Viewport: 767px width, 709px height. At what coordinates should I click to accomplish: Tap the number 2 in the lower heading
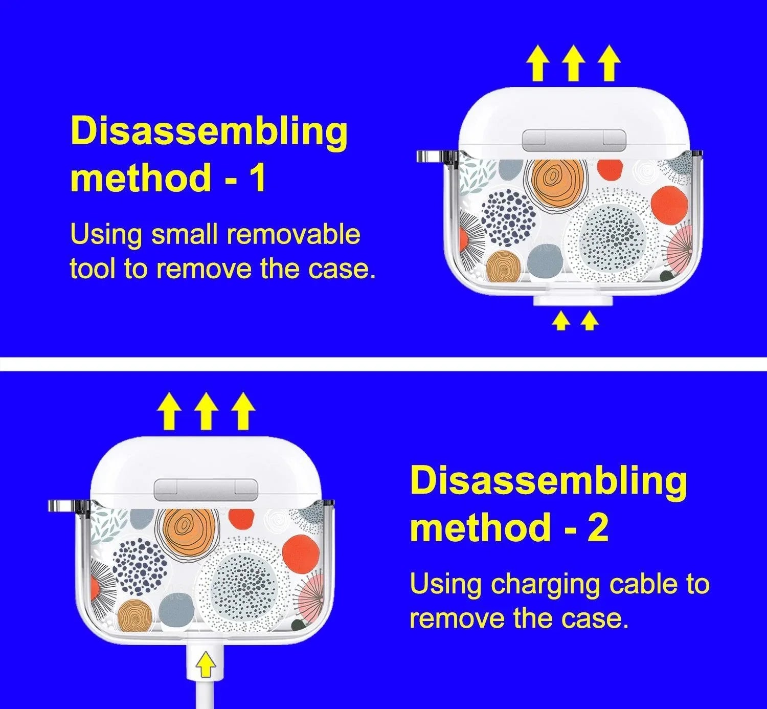point(596,527)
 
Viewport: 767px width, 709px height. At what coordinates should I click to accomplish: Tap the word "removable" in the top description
point(293,234)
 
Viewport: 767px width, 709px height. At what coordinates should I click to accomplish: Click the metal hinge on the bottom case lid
point(206,489)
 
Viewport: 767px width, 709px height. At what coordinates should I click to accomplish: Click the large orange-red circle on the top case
point(670,205)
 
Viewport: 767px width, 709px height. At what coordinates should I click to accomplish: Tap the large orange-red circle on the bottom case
point(301,555)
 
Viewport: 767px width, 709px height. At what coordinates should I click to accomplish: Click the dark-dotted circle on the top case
point(509,219)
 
